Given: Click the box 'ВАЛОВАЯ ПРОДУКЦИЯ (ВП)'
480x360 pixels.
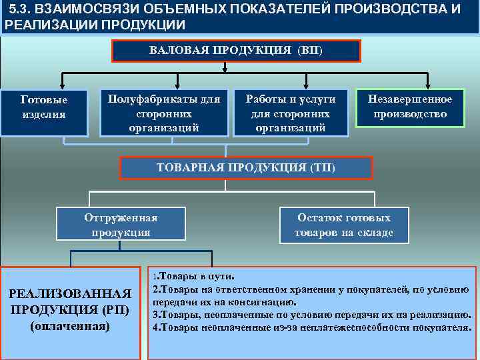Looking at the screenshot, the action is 236,51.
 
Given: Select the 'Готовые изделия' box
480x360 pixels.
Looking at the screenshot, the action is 44,107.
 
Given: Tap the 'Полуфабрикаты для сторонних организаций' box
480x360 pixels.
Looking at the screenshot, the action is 163,113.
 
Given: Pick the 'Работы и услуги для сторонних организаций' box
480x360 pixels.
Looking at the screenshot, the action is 291,113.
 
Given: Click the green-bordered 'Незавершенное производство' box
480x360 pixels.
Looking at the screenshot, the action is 410,107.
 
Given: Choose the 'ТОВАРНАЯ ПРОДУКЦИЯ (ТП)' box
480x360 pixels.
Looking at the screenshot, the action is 245,167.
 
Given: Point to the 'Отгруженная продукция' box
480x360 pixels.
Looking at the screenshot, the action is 121,225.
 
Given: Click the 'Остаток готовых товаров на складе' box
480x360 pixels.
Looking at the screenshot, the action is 344,225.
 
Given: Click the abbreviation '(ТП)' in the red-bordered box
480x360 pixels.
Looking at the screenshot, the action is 323,167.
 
